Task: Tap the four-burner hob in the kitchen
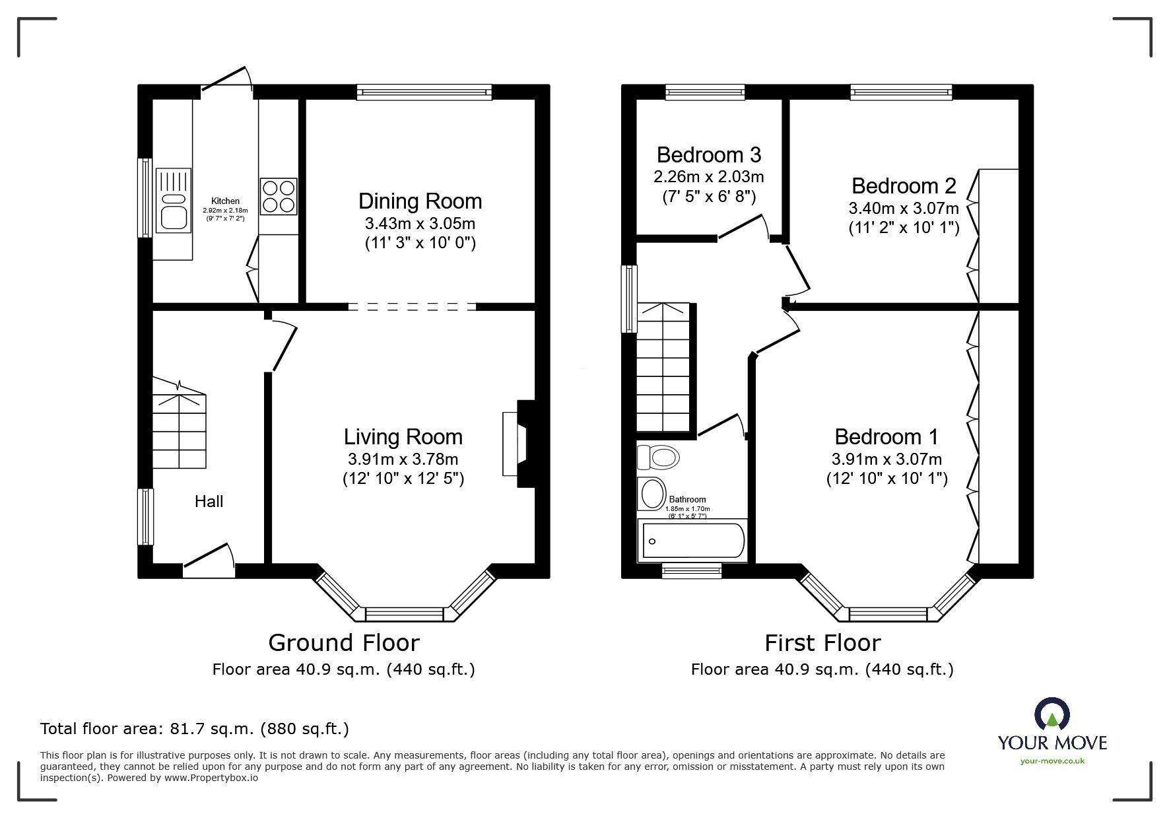click(x=279, y=197)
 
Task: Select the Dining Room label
click(x=420, y=201)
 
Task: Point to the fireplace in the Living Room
click(x=519, y=444)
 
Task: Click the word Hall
click(x=209, y=502)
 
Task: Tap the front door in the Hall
click(x=209, y=559)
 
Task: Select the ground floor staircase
click(x=179, y=423)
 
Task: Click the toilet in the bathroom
click(x=658, y=456)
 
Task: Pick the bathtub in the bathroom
click(x=692, y=541)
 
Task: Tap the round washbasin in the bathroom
click(x=652, y=494)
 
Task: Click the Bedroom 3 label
click(x=709, y=155)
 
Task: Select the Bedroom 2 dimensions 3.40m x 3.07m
click(x=904, y=209)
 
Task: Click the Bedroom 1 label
click(x=886, y=437)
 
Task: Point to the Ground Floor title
click(x=343, y=642)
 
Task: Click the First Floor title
click(x=822, y=642)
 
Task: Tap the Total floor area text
click(x=195, y=729)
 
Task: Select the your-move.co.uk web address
click(x=1052, y=761)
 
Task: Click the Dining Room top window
click(x=424, y=92)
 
